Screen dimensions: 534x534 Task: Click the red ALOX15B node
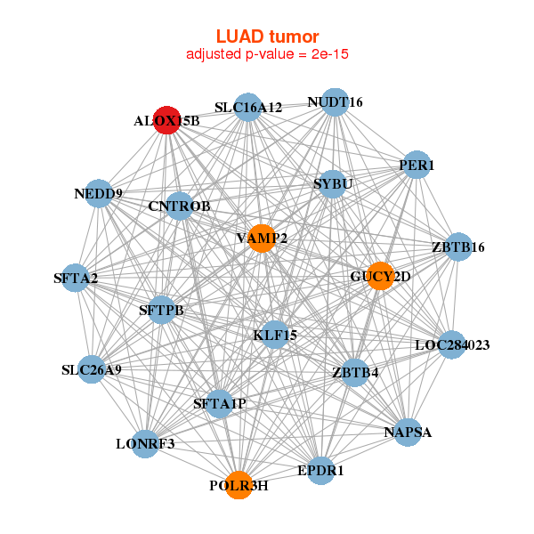point(167,120)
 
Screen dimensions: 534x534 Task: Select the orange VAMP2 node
point(261,238)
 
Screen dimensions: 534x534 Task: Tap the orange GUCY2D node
point(380,276)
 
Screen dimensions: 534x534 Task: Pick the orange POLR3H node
point(239,485)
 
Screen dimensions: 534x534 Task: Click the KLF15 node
point(275,335)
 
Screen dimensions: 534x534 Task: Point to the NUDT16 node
point(335,102)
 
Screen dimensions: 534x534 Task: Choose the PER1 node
point(417,166)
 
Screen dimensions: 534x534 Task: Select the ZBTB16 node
point(457,247)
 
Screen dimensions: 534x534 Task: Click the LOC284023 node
point(453,344)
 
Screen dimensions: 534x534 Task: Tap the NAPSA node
point(408,433)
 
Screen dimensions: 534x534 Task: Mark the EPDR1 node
point(320,469)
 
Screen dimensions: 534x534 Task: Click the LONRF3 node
point(145,443)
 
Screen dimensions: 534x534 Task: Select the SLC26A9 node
point(92,369)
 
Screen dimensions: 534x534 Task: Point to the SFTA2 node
point(76,279)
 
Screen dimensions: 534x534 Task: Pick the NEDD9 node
point(98,193)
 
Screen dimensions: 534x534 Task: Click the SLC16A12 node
point(248,108)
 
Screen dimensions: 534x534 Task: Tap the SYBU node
point(333,184)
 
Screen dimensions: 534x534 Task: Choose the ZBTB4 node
point(355,372)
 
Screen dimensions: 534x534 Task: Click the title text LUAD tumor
point(267,36)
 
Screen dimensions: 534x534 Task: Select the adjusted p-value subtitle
point(267,54)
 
